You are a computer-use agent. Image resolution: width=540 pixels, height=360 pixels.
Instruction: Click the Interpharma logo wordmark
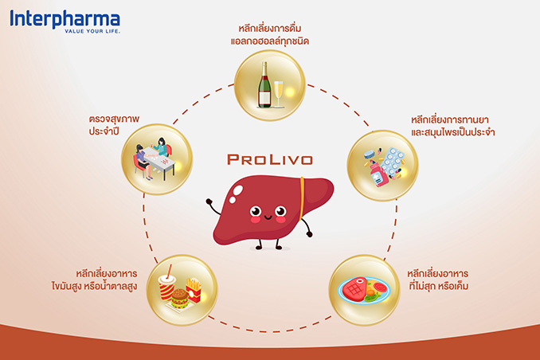tap(65, 19)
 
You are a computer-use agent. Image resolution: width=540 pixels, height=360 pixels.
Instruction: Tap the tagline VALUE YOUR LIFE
tap(92, 31)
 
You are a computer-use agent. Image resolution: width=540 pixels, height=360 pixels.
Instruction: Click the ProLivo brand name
tap(270, 159)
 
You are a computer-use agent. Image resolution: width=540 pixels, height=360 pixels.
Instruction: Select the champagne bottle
tap(264, 84)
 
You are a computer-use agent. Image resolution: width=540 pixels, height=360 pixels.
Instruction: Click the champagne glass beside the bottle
tap(278, 94)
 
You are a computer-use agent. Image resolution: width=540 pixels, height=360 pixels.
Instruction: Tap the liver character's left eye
tap(255, 210)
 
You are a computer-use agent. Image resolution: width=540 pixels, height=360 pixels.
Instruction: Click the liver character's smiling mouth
tap(268, 217)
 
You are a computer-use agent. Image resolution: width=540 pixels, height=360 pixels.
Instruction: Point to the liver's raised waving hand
tap(209, 202)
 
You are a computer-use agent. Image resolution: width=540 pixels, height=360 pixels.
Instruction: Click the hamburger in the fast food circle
tap(179, 299)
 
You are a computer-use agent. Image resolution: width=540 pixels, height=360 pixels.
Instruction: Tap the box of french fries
tap(194, 290)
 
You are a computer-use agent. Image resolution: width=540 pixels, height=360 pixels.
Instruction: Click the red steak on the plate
tap(354, 288)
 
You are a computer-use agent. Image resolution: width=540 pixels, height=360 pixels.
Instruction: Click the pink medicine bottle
tap(378, 174)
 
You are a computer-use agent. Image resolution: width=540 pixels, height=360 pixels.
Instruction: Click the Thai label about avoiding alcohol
tap(270, 34)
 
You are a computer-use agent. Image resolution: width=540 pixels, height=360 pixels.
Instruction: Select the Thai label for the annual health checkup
tap(114, 125)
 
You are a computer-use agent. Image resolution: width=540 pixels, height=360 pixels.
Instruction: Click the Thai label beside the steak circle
tap(438, 280)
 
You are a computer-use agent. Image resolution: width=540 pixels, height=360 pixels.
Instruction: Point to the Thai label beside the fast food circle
tap(94, 280)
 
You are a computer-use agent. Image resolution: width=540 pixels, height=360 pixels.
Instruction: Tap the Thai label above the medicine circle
tap(453, 126)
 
